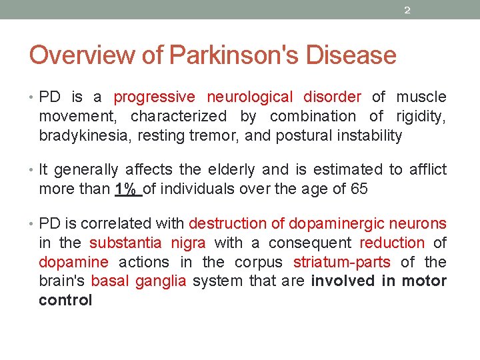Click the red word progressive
[155, 97]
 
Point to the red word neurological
[249, 97]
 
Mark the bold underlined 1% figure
[126, 189]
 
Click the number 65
[359, 189]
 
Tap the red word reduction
[392, 243]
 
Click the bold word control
[65, 300]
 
